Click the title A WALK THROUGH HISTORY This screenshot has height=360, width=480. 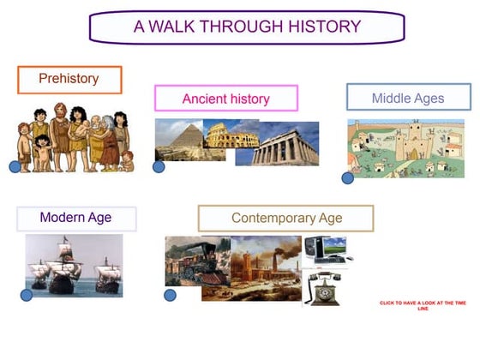(247, 27)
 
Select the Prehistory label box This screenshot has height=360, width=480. (69, 79)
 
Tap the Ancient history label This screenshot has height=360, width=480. (225, 99)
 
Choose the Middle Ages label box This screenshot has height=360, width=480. (408, 98)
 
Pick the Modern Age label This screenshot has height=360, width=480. (75, 218)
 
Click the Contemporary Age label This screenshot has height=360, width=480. (286, 218)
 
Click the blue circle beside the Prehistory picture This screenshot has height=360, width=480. (15, 166)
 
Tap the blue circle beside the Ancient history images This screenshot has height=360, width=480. (159, 166)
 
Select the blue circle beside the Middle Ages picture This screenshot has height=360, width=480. (347, 178)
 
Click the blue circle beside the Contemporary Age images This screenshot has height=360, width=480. (170, 295)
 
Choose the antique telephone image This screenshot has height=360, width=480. (325, 289)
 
